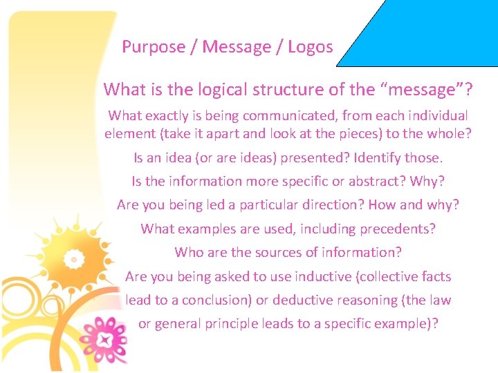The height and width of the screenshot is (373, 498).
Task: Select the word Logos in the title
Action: coord(311,47)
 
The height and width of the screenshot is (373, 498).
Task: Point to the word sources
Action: coord(264,252)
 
